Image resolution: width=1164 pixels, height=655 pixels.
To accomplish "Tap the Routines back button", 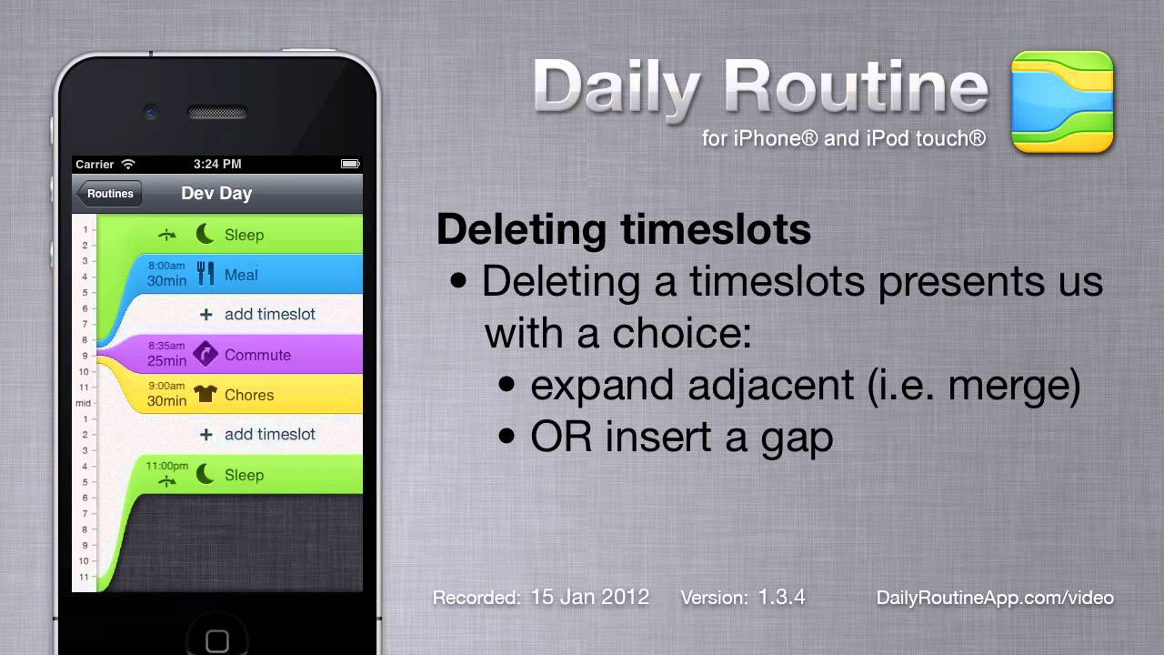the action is coord(109,194).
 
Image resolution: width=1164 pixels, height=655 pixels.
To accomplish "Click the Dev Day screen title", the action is coord(216,194).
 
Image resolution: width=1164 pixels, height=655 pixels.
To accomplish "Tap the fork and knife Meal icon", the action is coord(206,274).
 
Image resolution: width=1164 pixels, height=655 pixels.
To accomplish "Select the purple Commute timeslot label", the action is coord(257,355).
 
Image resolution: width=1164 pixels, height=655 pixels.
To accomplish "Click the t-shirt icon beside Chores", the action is coord(206,394).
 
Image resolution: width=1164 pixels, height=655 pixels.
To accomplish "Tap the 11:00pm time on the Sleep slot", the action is coord(166,466).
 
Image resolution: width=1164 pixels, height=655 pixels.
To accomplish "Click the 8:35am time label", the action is coord(166,346).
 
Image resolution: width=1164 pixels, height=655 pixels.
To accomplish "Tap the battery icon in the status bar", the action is coord(350,165).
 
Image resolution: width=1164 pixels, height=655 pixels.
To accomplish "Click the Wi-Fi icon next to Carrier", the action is coord(128,165).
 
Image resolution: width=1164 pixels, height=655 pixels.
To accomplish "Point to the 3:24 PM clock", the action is coord(217,165).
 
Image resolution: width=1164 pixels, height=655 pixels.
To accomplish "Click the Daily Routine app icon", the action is coord(1062,102).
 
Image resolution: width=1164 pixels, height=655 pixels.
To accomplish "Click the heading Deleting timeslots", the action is coord(624,229).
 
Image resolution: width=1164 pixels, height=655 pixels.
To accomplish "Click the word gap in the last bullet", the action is coord(798,439).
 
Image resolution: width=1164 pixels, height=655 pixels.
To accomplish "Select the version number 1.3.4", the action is coord(781,598).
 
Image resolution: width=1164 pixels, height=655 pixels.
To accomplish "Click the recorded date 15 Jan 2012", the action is coord(590,598).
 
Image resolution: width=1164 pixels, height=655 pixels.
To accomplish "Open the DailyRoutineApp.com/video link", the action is coord(995,598).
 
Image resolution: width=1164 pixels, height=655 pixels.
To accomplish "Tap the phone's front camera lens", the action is coord(151,112).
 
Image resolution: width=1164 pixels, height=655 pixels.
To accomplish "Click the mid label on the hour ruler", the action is coord(83,403).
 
